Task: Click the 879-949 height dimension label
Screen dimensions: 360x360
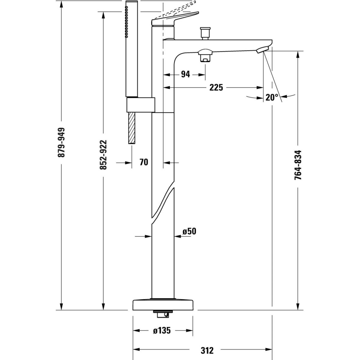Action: pyautogui.click(x=62, y=142)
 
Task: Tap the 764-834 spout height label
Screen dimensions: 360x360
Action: pyautogui.click(x=298, y=165)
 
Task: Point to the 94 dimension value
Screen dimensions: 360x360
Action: pyautogui.click(x=186, y=74)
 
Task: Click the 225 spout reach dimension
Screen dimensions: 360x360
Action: pyautogui.click(x=216, y=87)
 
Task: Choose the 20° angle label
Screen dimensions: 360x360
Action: pyautogui.click(x=272, y=97)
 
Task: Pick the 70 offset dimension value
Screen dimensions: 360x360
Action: pyautogui.click(x=144, y=162)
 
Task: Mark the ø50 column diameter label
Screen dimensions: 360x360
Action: pyautogui.click(x=189, y=231)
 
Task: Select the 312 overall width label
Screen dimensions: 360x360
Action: pyautogui.click(x=207, y=350)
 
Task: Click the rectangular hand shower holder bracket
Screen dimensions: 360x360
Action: pyautogui.click(x=140, y=105)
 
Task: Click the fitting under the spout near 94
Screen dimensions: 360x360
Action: pyautogui.click(x=205, y=56)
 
